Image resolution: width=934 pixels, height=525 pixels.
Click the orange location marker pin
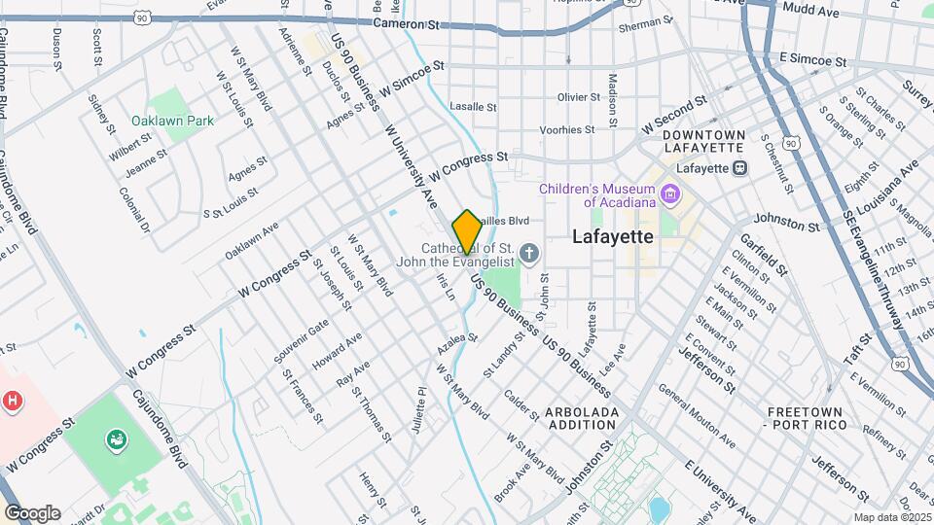click(x=466, y=231)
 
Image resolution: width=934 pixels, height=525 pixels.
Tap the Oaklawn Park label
click(x=172, y=122)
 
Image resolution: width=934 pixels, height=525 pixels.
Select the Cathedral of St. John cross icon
click(x=528, y=254)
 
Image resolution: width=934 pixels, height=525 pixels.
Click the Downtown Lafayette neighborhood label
click(x=705, y=141)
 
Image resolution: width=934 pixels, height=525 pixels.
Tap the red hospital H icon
click(x=13, y=400)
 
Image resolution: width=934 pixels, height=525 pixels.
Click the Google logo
click(x=31, y=512)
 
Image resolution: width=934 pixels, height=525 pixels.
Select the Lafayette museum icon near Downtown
click(x=739, y=167)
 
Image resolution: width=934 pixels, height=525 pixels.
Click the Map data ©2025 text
click(x=890, y=516)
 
